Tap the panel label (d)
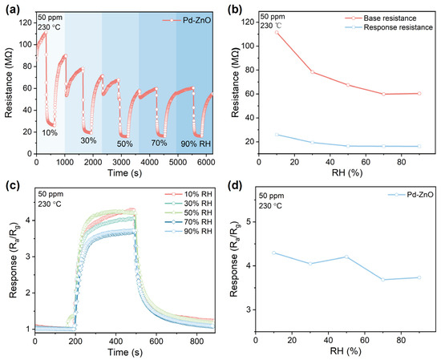(x=237, y=188)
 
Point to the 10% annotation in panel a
(x=49, y=131)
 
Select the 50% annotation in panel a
(x=124, y=143)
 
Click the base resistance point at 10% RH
(x=277, y=33)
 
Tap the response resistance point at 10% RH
(x=277, y=134)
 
